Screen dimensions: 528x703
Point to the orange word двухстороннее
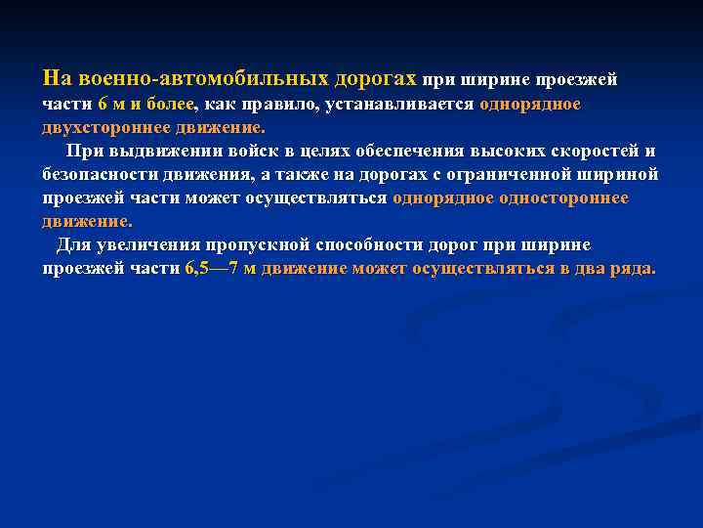[99, 127]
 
